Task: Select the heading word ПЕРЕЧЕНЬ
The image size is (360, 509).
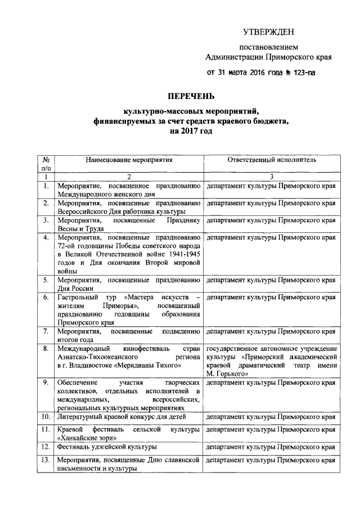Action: click(192, 96)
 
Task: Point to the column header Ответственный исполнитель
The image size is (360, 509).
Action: click(272, 160)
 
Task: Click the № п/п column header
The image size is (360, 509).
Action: click(47, 164)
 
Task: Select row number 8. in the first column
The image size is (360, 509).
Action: click(47, 349)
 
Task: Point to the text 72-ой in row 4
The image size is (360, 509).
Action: click(67, 245)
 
